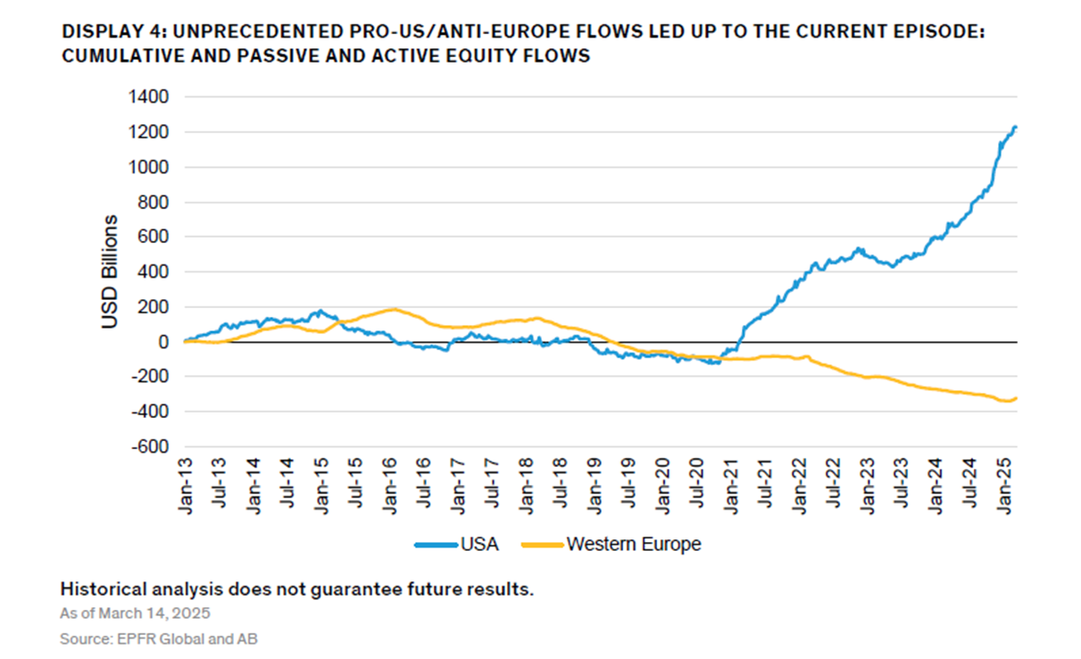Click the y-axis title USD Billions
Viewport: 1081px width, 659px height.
tap(111, 271)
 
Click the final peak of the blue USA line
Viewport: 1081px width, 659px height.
tap(1015, 128)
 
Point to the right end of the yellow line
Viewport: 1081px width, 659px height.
tap(1017, 398)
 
